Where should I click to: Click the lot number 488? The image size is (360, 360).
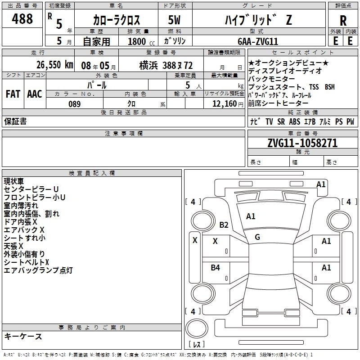(x=22, y=18)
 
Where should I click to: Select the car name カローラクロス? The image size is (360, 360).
(x=117, y=20)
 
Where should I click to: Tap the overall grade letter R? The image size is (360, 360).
(x=343, y=21)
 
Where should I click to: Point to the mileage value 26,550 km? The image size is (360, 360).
(x=55, y=65)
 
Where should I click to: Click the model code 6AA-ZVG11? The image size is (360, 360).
(x=258, y=41)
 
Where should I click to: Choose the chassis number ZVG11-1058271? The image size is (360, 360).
(x=302, y=143)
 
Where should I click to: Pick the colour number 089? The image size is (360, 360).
(x=75, y=104)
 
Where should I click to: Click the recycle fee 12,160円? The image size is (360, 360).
(x=228, y=104)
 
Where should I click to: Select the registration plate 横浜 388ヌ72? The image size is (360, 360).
(x=166, y=66)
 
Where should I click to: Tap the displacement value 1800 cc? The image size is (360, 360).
(x=141, y=42)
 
